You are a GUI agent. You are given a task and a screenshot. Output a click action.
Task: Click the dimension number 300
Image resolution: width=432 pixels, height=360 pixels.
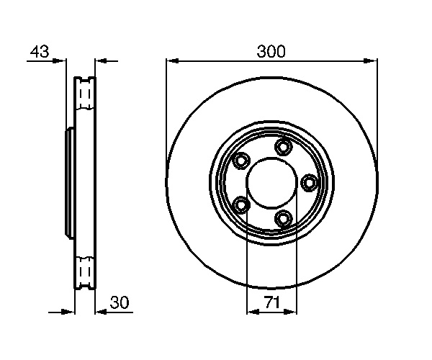(x=271, y=52)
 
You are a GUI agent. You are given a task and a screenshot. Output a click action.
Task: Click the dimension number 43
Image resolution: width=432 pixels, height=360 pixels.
(x=40, y=52)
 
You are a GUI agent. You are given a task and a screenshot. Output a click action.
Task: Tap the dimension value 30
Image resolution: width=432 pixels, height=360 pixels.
(x=119, y=302)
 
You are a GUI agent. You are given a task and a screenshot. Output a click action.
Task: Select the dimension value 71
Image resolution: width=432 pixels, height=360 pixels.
(x=272, y=302)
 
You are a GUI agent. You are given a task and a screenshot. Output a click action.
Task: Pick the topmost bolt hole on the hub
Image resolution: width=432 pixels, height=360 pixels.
(x=284, y=147)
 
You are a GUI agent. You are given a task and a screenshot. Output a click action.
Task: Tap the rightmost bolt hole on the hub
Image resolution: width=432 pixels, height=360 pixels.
(x=309, y=183)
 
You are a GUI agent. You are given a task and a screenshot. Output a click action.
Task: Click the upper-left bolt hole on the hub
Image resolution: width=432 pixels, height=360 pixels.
(x=241, y=161)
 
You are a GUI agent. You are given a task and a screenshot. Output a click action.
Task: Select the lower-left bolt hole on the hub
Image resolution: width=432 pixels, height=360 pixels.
(x=241, y=205)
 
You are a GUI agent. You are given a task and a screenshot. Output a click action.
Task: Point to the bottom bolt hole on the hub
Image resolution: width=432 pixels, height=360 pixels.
(x=284, y=218)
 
